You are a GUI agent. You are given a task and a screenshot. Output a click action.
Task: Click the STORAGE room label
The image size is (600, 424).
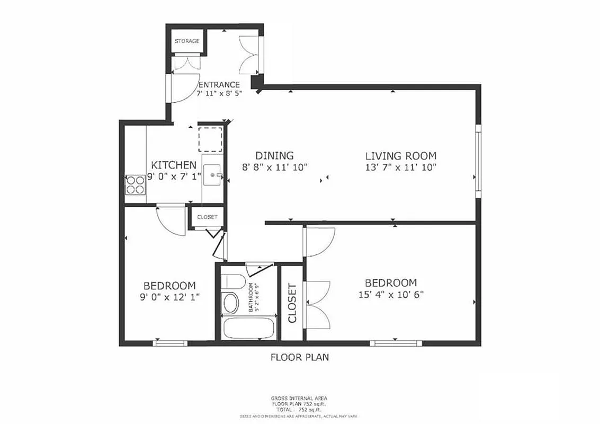click(187, 41)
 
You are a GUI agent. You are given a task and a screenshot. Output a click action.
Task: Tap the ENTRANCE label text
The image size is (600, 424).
click(219, 85)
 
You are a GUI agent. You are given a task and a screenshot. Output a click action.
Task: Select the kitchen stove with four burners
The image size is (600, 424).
click(135, 185)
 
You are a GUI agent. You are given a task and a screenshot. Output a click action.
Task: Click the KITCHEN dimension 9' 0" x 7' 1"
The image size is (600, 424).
click(174, 176)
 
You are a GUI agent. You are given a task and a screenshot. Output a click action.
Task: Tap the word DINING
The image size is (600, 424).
click(274, 156)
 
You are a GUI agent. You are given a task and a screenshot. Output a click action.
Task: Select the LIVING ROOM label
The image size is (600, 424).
click(400, 156)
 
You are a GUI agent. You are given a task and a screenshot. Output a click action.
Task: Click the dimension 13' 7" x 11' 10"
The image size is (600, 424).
click(400, 167)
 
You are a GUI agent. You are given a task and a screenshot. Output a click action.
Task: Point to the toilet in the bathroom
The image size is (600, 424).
click(231, 301)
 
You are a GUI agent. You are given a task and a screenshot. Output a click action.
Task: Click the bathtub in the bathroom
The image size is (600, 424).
click(246, 328)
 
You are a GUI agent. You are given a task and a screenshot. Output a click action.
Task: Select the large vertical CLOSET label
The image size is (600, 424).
click(292, 304)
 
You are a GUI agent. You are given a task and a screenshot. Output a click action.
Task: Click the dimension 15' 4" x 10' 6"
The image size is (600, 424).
click(391, 294)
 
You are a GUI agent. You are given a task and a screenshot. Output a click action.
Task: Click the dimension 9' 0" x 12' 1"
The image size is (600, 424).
click(169, 297)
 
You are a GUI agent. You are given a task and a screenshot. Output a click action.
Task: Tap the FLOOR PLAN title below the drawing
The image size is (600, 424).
click(300, 357)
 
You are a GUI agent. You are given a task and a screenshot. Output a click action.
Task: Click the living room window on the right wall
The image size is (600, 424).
click(478, 162)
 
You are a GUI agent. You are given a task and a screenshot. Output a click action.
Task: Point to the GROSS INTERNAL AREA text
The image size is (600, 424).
click(300, 398)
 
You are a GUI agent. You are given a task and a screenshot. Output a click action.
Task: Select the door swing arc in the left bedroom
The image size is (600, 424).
click(171, 220)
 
